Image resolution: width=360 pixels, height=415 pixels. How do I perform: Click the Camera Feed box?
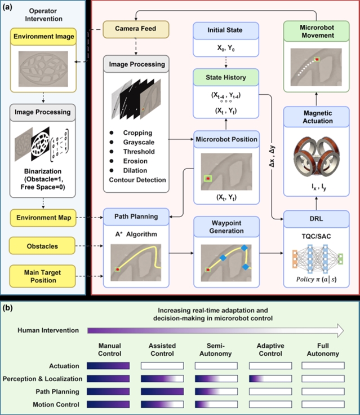point(136,29)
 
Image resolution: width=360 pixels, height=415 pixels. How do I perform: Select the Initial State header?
point(225,30)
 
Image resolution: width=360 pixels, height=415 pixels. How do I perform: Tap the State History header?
point(225,77)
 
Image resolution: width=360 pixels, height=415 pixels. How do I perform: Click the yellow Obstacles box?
point(42,246)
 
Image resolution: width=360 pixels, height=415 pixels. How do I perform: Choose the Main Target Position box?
point(43,276)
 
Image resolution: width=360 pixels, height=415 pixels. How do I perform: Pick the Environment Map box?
point(43,218)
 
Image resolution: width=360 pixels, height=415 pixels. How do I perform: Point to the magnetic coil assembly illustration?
point(317,157)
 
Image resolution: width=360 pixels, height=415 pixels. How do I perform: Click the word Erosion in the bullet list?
point(135,161)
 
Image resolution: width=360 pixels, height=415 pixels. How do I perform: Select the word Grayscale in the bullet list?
point(139,142)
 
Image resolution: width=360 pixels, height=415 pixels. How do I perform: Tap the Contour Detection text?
point(137,180)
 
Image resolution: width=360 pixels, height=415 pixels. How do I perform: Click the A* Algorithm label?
point(136,234)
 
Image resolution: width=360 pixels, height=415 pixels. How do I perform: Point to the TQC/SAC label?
point(317,236)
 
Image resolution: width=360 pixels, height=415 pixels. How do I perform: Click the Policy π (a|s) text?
point(317,279)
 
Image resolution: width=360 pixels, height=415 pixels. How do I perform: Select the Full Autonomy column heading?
point(323,350)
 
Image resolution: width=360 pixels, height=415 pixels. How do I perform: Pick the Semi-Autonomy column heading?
point(216,350)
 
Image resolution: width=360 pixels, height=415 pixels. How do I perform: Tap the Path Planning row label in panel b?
point(57,392)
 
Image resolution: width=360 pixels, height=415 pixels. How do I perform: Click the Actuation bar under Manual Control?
point(108,366)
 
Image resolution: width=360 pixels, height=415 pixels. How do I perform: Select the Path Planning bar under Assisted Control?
point(162,391)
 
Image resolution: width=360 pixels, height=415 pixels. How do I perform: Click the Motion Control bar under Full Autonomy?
point(323,404)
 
